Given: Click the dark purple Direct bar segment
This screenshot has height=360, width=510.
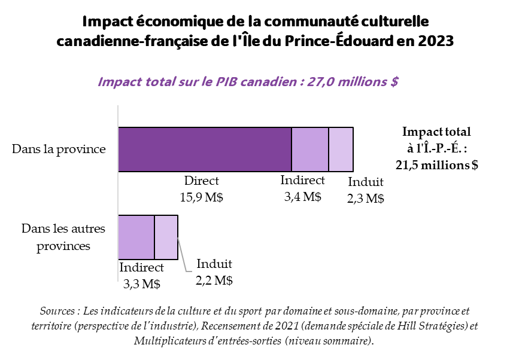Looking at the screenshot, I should pyautogui.click(x=205, y=149).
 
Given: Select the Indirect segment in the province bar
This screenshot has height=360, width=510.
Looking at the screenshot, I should pyautogui.click(x=310, y=149).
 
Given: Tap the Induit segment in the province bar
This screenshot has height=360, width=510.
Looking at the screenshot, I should pyautogui.click(x=341, y=149).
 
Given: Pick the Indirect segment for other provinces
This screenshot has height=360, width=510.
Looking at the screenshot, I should pyautogui.click(x=136, y=237).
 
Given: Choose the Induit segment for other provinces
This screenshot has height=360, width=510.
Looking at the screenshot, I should pyautogui.click(x=166, y=237).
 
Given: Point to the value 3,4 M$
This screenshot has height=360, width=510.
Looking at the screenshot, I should pyautogui.click(x=302, y=196).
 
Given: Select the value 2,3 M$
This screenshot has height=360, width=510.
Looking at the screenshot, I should pyautogui.click(x=365, y=199).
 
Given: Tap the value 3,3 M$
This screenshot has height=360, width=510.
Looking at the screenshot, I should pyautogui.click(x=142, y=284).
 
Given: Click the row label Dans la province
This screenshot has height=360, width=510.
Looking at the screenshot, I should pyautogui.click(x=59, y=149).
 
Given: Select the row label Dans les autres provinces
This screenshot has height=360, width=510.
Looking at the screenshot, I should pyautogui.click(x=63, y=237).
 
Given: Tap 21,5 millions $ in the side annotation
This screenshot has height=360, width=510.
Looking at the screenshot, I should pyautogui.click(x=437, y=165).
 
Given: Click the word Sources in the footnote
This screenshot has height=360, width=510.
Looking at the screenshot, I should pyautogui.click(x=58, y=312).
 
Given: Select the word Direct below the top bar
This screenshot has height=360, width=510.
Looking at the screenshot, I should pyautogui.click(x=202, y=181).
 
